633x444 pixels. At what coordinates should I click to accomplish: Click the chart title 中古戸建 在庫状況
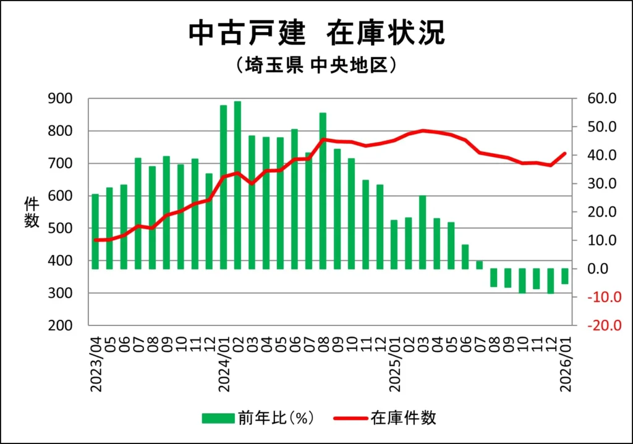(x=316, y=33)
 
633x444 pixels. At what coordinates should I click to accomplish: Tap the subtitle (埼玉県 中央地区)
(x=316, y=65)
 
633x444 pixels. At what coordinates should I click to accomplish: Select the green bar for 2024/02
(x=237, y=185)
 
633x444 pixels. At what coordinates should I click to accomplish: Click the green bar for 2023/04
(x=95, y=232)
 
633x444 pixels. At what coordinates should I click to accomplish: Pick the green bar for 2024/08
(x=323, y=191)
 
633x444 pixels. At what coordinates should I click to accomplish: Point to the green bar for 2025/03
(x=422, y=232)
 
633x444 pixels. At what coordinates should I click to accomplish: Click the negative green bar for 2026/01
(x=564, y=276)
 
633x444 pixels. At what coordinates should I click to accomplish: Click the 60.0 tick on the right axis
(x=603, y=99)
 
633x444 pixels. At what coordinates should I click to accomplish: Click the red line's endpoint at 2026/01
(x=564, y=153)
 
